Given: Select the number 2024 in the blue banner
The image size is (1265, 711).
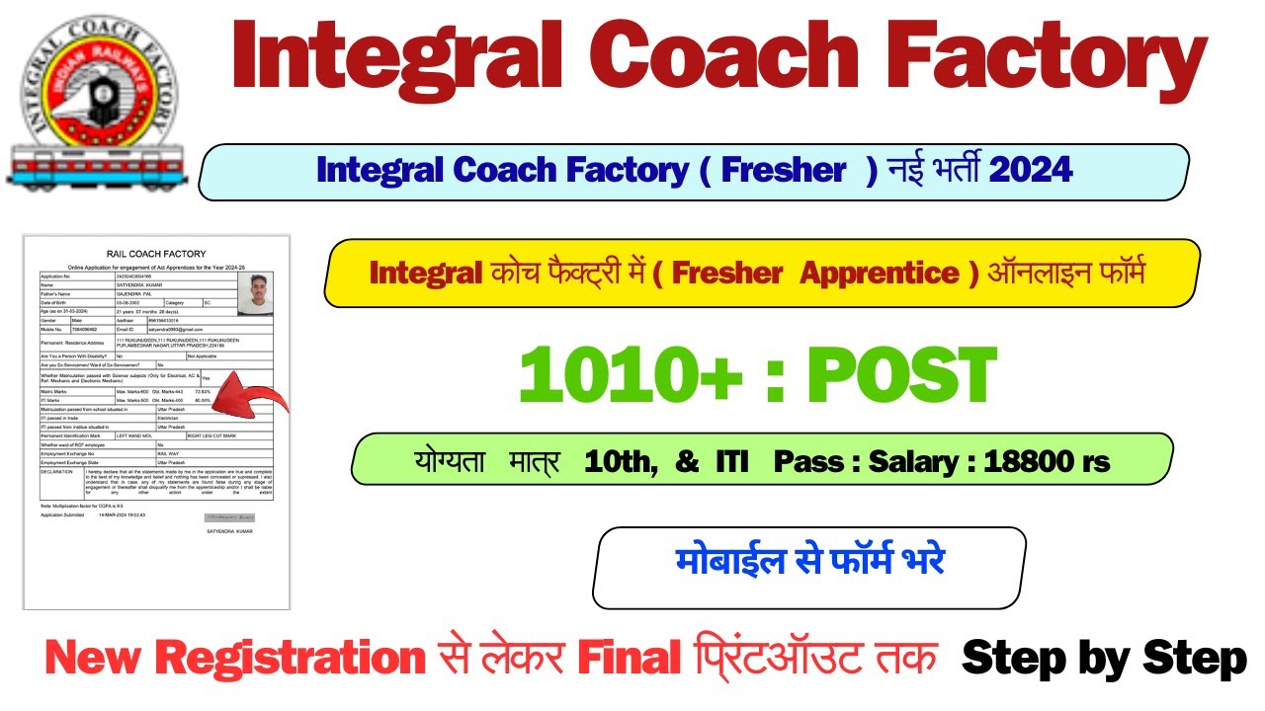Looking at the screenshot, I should point(1031,170).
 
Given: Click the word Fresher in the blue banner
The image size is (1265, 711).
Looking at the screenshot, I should point(784,170).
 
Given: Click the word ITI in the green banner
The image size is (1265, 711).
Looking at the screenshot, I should point(731,461).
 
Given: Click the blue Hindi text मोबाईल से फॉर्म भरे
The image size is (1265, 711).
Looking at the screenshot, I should point(810,561).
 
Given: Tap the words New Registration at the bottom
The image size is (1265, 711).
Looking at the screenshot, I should point(235,660).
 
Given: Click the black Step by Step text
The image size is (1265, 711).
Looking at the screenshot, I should point(1104,660).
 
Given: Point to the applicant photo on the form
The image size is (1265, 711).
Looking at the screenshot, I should point(255,294).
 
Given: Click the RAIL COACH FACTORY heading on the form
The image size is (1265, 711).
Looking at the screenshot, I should point(157,254).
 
